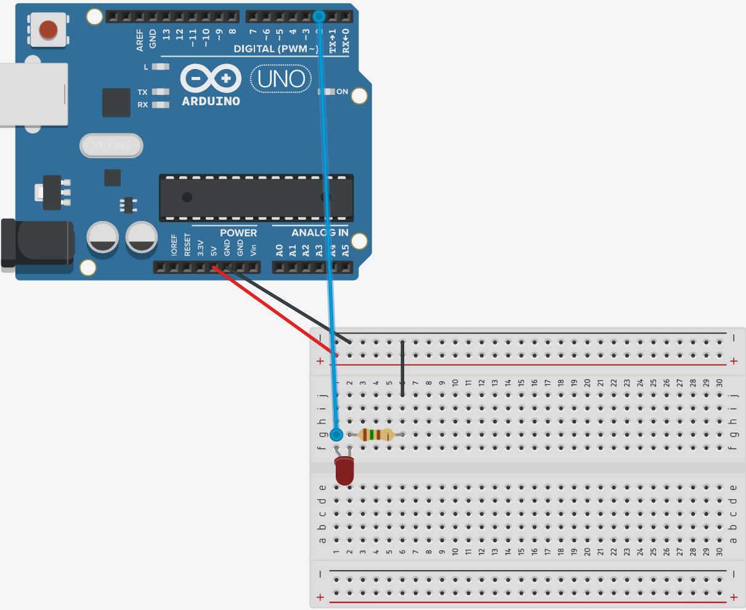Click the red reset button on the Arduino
click(48, 30)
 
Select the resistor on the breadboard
click(376, 435)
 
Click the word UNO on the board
click(281, 79)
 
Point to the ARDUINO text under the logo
click(211, 101)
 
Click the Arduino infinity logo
click(211, 79)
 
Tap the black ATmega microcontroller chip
click(256, 198)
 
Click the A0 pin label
click(279, 250)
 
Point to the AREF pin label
click(140, 39)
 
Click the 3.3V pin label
click(200, 248)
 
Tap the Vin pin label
click(253, 249)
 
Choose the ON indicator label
click(342, 92)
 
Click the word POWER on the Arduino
click(238, 233)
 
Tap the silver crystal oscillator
click(111, 146)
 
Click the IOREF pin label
click(174, 245)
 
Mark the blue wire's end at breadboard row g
click(336, 435)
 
